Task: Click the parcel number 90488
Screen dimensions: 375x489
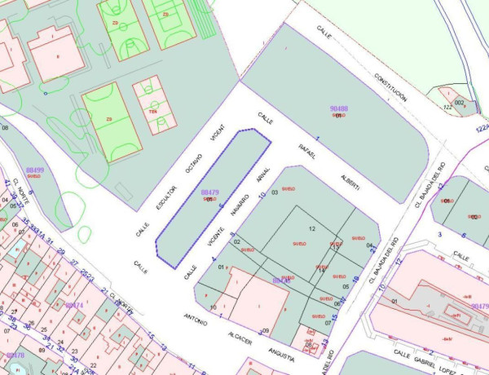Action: pyautogui.click(x=338, y=108)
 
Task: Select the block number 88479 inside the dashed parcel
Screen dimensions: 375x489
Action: pyautogui.click(x=209, y=192)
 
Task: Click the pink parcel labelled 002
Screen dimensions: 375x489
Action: pyautogui.click(x=459, y=102)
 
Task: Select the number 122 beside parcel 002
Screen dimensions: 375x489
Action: pyautogui.click(x=447, y=107)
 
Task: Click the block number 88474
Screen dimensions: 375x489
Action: pyautogui.click(x=73, y=305)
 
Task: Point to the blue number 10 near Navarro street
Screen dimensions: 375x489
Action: pyautogui.click(x=262, y=196)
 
